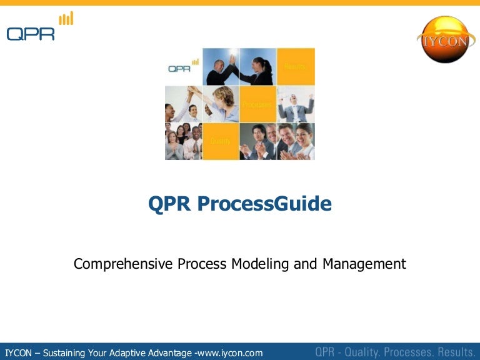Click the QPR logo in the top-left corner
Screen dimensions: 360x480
[x=31, y=33]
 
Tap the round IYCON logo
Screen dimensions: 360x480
[x=443, y=39]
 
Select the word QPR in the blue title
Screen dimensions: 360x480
[x=171, y=204]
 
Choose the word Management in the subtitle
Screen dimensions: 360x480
[x=364, y=264]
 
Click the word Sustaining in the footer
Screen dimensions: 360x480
[x=69, y=353]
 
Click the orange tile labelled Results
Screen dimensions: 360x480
[x=296, y=66]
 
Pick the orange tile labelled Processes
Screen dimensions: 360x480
[x=258, y=104]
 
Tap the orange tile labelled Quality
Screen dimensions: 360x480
[x=221, y=141]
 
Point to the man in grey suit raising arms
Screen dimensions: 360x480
[x=295, y=106]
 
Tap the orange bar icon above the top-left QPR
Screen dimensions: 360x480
[x=66, y=19]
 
